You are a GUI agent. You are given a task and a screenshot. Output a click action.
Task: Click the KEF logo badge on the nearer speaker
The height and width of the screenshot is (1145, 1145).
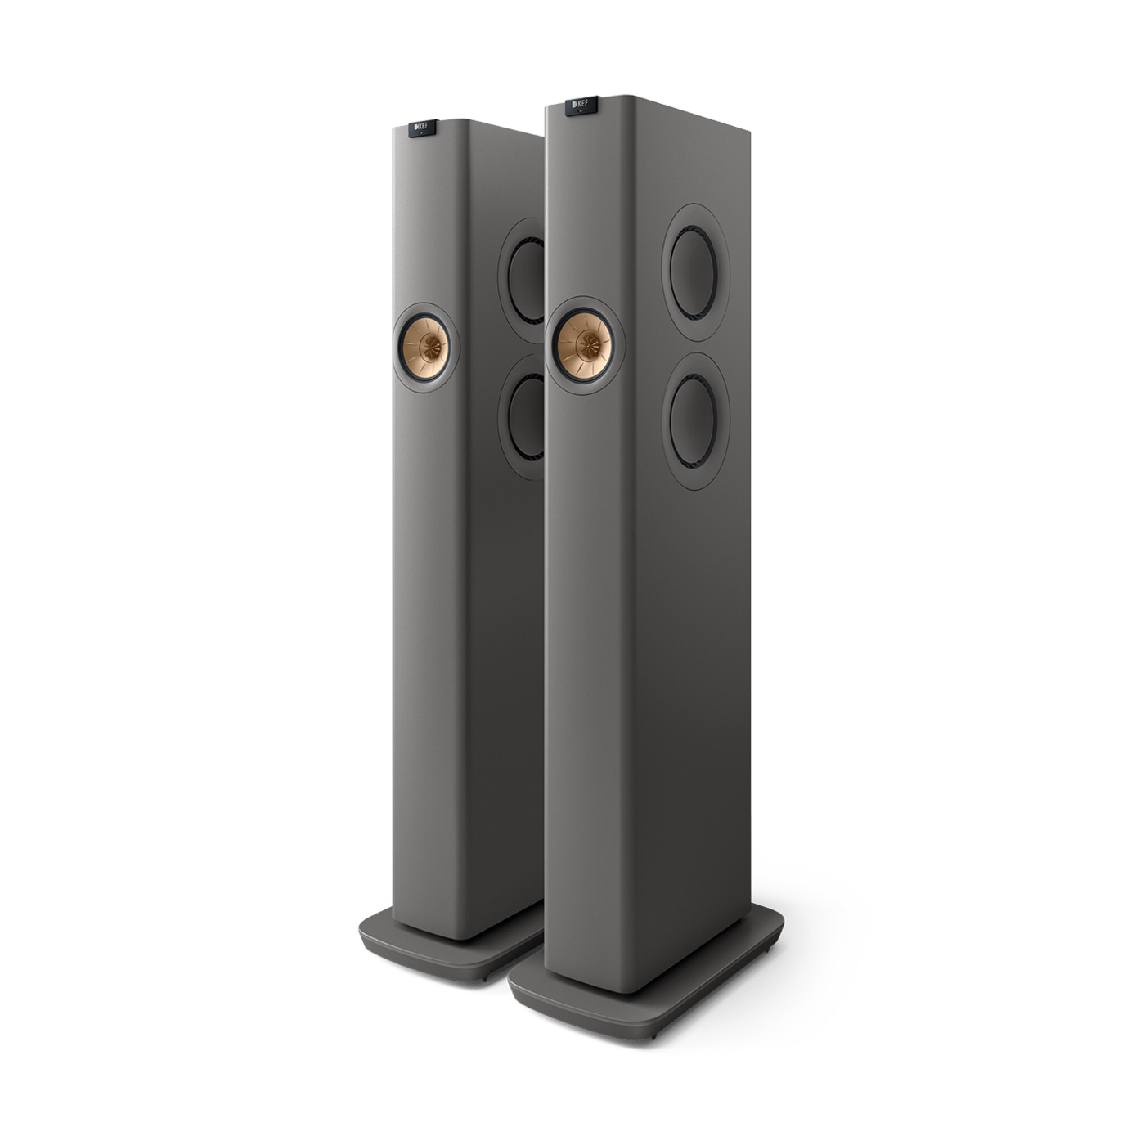pyautogui.click(x=581, y=106)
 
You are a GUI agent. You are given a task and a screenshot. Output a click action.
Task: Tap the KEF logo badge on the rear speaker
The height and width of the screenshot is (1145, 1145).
pyautogui.click(x=422, y=128)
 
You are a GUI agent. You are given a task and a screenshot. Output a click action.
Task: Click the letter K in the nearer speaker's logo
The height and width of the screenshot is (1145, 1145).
pyautogui.click(x=576, y=104)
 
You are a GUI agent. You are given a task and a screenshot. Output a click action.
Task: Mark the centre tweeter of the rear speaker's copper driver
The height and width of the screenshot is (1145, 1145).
pyautogui.click(x=425, y=348)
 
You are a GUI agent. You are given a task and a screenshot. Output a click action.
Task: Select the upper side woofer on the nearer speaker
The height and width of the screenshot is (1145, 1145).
pyautogui.click(x=694, y=272)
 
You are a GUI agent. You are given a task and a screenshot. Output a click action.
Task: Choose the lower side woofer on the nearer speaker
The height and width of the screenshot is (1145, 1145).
pyautogui.click(x=694, y=421)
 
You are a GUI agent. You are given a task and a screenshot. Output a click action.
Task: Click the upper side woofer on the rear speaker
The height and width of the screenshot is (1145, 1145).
pyautogui.click(x=525, y=281)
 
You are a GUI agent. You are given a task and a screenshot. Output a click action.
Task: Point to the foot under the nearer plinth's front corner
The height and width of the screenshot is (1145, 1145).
pyautogui.click(x=653, y=1037)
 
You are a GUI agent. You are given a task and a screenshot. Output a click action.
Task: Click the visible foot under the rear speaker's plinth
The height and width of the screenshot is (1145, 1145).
pyautogui.click(x=484, y=978)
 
